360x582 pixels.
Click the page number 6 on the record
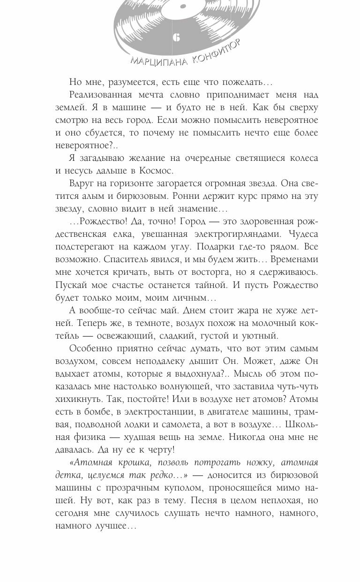(x=176, y=38)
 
